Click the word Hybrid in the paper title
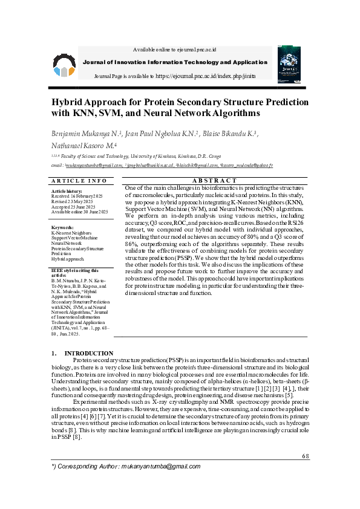point(68,102)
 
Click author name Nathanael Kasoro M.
point(83,146)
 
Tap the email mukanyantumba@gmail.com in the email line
point(94,164)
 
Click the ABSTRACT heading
point(214,181)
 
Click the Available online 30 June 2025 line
point(80,212)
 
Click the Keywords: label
point(62,227)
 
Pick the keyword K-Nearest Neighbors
point(71,233)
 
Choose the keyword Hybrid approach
point(68,258)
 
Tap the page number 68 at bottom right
point(304,456)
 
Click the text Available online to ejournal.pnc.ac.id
point(174,49)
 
